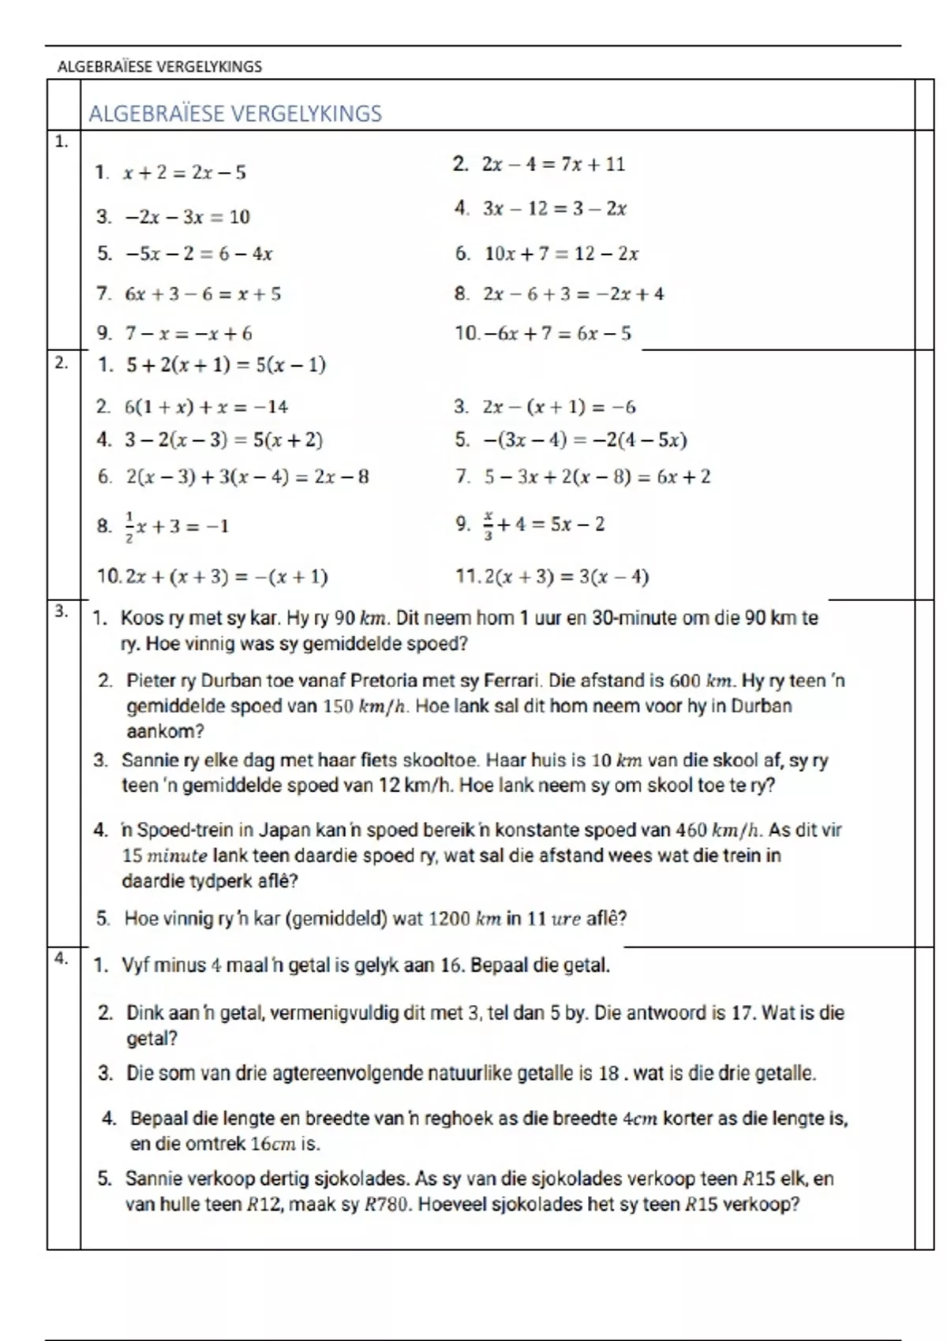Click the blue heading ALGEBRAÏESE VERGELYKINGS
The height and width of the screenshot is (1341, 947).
tap(235, 114)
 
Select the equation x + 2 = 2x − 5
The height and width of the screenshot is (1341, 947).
tap(184, 173)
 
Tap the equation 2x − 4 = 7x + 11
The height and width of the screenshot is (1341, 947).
tap(553, 165)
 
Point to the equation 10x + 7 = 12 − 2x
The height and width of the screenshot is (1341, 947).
tap(561, 254)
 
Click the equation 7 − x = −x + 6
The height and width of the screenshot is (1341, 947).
tap(189, 334)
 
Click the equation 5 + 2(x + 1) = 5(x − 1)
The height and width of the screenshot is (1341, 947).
tap(225, 365)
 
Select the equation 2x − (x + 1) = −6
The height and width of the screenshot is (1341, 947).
tap(559, 407)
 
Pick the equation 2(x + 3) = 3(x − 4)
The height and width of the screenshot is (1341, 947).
tap(566, 577)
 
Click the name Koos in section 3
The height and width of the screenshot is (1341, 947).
tap(137, 618)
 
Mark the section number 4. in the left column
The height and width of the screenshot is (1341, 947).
tap(62, 959)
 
